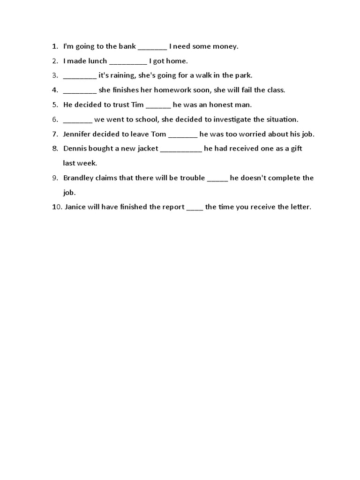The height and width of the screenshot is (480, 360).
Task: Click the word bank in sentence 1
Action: pyautogui.click(x=127, y=46)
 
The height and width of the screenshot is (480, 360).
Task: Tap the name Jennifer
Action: pyautogui.click(x=78, y=134)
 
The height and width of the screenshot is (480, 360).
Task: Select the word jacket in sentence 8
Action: pyautogui.click(x=147, y=149)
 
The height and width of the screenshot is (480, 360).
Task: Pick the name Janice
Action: pyautogui.click(x=76, y=207)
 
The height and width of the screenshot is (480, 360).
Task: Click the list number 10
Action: pyautogui.click(x=56, y=207)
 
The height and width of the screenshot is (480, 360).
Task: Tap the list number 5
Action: pyautogui.click(x=55, y=105)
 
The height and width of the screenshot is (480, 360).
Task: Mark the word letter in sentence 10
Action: pyautogui.click(x=300, y=207)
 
